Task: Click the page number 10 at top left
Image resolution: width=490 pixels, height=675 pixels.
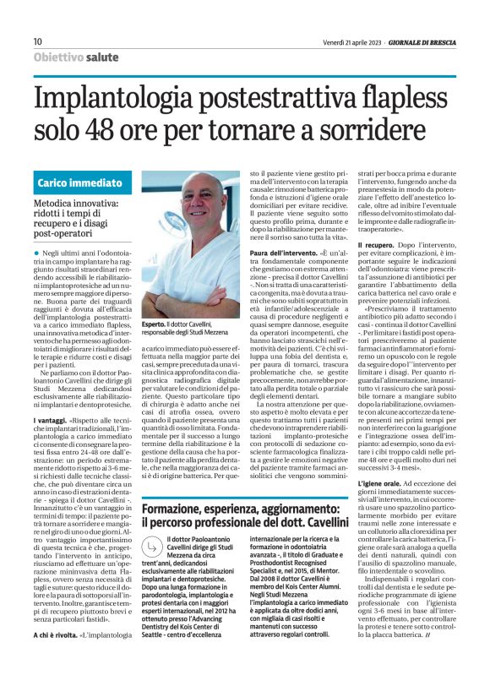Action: point(37,41)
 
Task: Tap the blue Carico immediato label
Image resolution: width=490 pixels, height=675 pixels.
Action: point(79,182)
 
